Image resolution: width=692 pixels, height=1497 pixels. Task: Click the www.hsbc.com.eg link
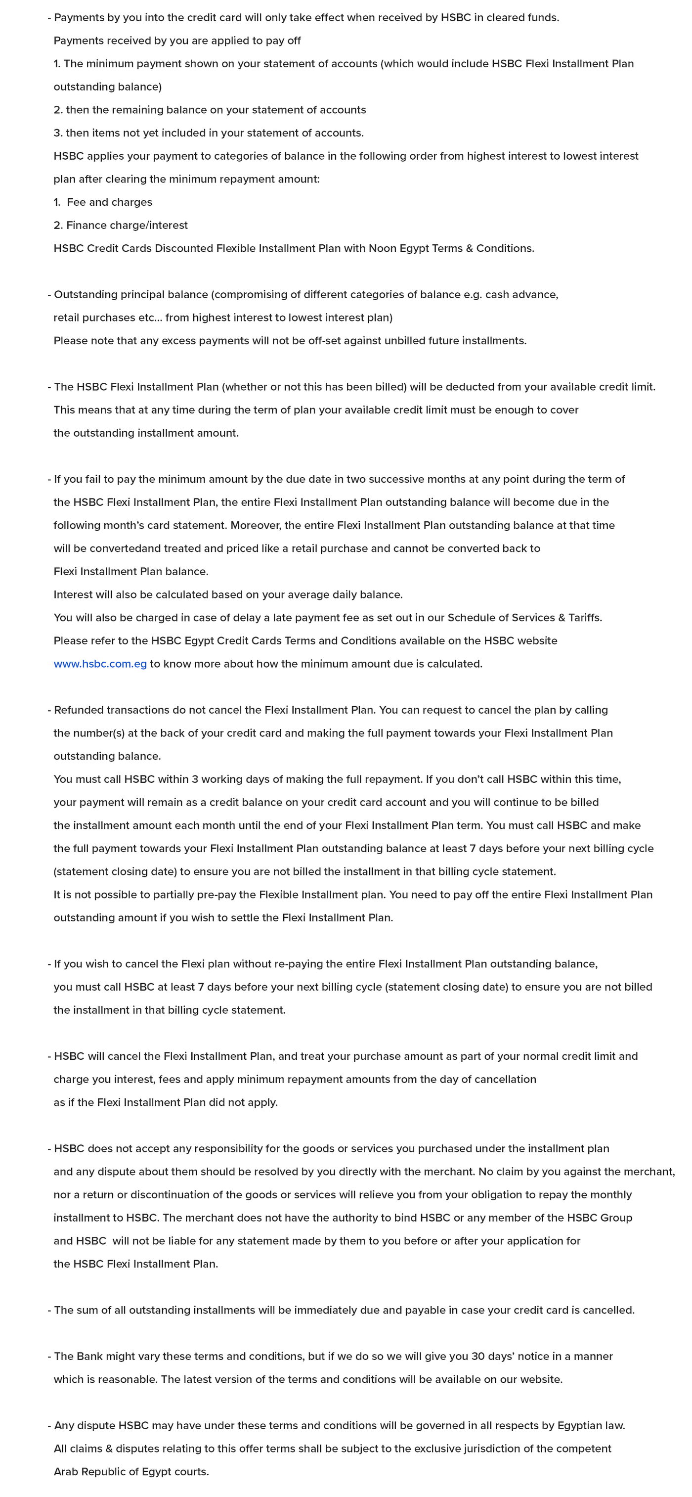point(100,664)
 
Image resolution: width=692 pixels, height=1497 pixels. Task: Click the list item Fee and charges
point(109,202)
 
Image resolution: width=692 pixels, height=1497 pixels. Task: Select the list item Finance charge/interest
point(127,226)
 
